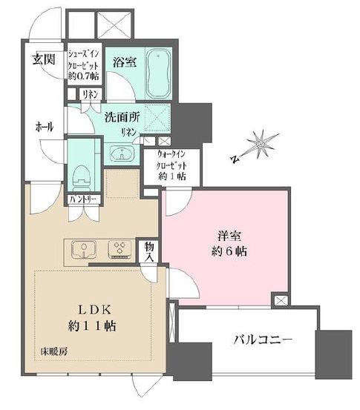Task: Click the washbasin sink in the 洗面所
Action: pos(122,153)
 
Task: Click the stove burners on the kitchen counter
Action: pos(119,249)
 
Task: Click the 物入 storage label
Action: pos(148,252)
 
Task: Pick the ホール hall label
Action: pos(44,128)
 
